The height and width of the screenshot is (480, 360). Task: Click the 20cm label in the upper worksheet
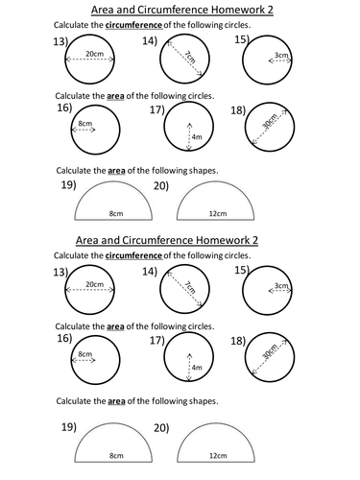(x=94, y=54)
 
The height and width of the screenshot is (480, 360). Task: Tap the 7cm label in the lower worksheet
(x=190, y=287)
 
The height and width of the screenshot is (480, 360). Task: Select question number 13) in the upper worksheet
(x=60, y=41)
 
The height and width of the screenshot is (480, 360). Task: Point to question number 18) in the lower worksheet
(x=238, y=341)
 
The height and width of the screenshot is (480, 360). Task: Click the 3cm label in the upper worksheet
(x=281, y=55)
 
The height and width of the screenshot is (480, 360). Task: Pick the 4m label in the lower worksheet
(x=197, y=368)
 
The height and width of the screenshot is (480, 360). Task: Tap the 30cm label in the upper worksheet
(x=270, y=121)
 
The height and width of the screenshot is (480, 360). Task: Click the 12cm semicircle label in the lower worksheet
(x=218, y=455)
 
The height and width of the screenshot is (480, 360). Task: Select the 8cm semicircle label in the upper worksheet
(x=116, y=213)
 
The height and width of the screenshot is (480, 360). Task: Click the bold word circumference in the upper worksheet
(x=133, y=25)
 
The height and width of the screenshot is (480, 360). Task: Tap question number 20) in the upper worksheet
(x=161, y=185)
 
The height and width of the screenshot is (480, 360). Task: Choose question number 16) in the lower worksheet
(x=64, y=338)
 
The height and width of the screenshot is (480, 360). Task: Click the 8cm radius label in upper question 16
(x=84, y=123)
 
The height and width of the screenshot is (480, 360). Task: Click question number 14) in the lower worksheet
(x=150, y=272)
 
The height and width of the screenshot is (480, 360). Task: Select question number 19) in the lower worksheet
(x=69, y=427)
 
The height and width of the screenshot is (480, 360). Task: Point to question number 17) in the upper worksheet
(x=157, y=109)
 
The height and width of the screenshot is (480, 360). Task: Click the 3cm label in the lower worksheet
(x=281, y=285)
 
